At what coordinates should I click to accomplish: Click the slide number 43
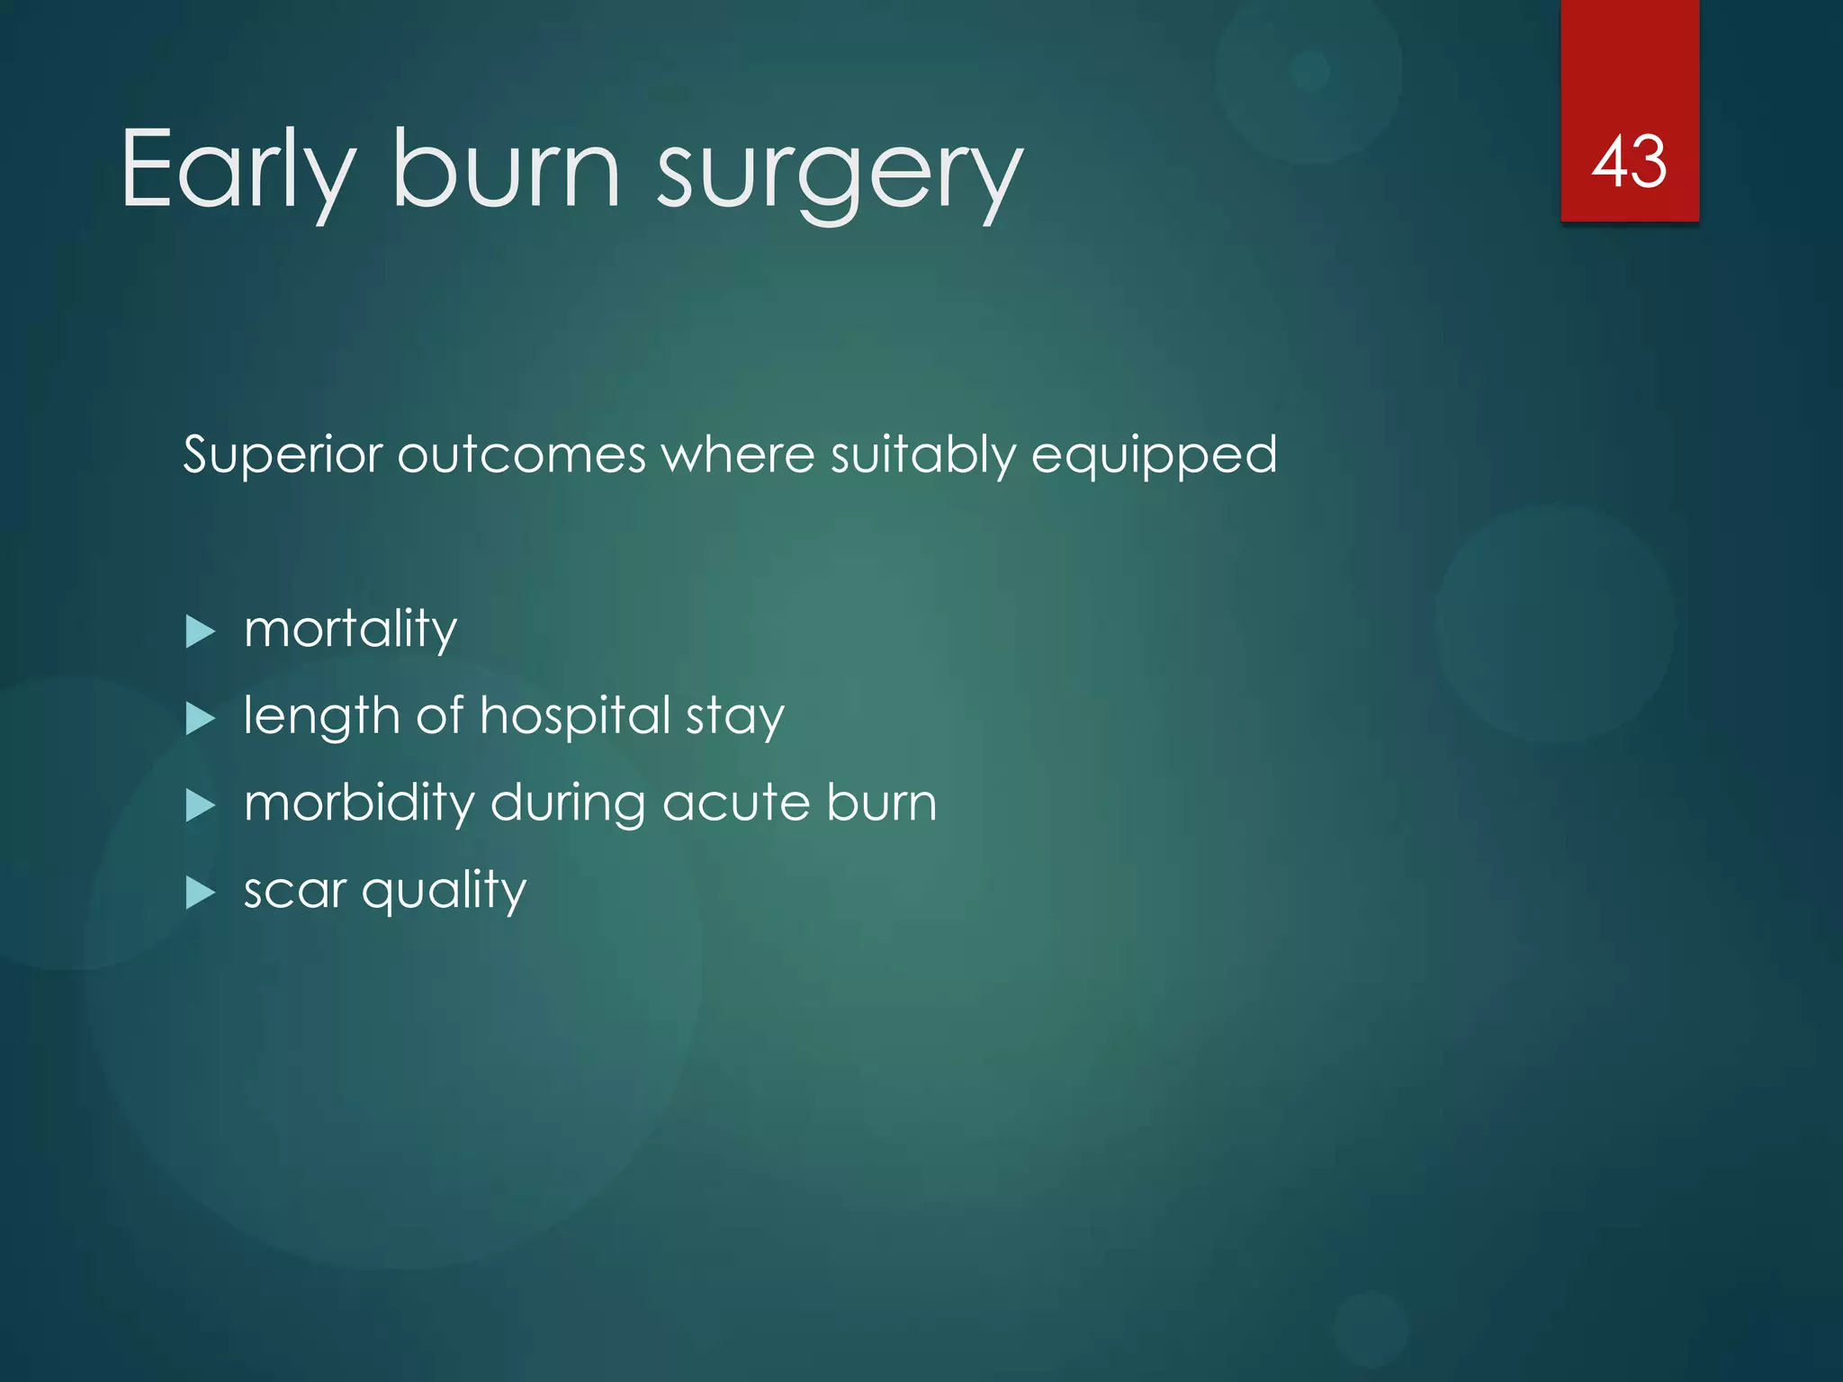1629,162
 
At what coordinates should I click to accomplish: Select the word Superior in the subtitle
283,454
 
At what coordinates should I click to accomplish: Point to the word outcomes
521,454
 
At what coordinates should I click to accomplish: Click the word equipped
1154,456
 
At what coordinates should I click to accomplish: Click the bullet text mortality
351,629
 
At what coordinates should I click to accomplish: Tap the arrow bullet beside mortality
200,632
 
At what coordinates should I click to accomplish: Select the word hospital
575,716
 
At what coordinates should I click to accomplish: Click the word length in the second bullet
321,718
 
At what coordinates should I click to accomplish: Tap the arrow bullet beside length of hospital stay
200,719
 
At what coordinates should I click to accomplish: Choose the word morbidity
359,803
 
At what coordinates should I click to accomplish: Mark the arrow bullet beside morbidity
200,805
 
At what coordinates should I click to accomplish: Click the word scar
295,891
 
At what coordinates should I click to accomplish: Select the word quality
444,892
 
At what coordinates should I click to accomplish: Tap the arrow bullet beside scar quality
200,893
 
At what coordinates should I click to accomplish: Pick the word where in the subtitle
738,454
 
